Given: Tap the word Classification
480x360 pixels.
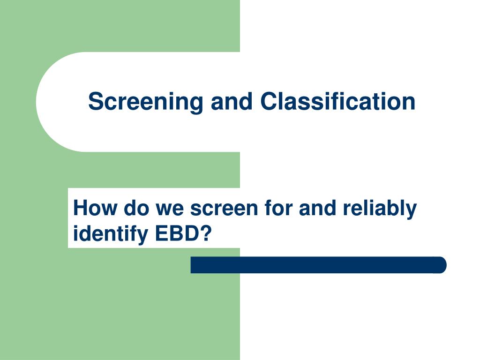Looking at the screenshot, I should pos(338,102).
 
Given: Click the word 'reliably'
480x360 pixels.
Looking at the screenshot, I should pos(380,208).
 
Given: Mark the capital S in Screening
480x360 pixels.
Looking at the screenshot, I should pos(95,102).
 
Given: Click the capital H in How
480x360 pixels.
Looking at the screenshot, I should pos(81,208).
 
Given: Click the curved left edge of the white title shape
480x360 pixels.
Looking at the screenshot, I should pos(38,102).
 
